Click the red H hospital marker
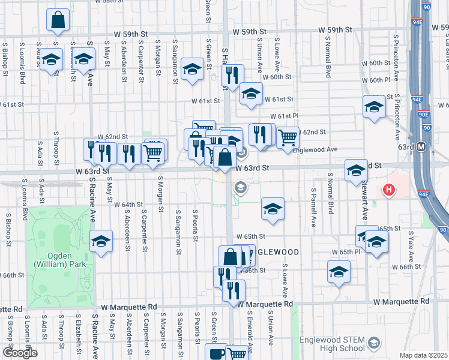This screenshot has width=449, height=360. click(x=389, y=191)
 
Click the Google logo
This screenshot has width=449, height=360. click(x=19, y=353)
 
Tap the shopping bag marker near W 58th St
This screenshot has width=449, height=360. click(x=59, y=21)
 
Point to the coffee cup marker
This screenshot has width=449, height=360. click(x=215, y=353)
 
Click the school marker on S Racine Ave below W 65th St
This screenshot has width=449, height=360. click(x=101, y=242)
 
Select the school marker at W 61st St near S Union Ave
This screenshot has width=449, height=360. click(x=251, y=94)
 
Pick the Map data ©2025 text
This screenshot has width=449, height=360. click(x=423, y=355)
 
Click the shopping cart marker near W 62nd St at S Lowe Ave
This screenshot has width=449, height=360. click(x=288, y=137)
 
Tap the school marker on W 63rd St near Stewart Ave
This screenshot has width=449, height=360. click(x=356, y=170)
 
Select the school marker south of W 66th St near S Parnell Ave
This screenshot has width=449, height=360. click(x=339, y=272)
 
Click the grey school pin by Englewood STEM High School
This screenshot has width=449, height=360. click(x=373, y=343)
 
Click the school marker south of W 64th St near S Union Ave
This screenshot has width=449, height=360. click(x=273, y=209)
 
